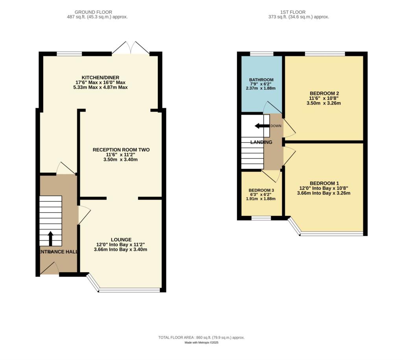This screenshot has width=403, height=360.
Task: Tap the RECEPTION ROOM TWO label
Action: tap(121, 150)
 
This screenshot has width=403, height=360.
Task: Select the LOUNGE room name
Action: tap(121, 239)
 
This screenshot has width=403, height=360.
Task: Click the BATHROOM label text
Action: tap(261, 80)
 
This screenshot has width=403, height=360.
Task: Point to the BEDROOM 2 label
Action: tap(324, 93)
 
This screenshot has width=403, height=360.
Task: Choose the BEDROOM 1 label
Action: tap(324, 183)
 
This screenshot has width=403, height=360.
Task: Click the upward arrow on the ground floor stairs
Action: tap(50, 238)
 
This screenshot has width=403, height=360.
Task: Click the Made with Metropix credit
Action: tap(201, 343)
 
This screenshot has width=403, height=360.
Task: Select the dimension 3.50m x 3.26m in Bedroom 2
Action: tap(324, 103)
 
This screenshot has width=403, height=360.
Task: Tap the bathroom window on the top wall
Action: tap(261, 54)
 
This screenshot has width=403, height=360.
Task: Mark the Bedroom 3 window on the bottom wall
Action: tap(261, 218)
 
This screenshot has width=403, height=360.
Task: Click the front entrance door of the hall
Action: tap(49, 269)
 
